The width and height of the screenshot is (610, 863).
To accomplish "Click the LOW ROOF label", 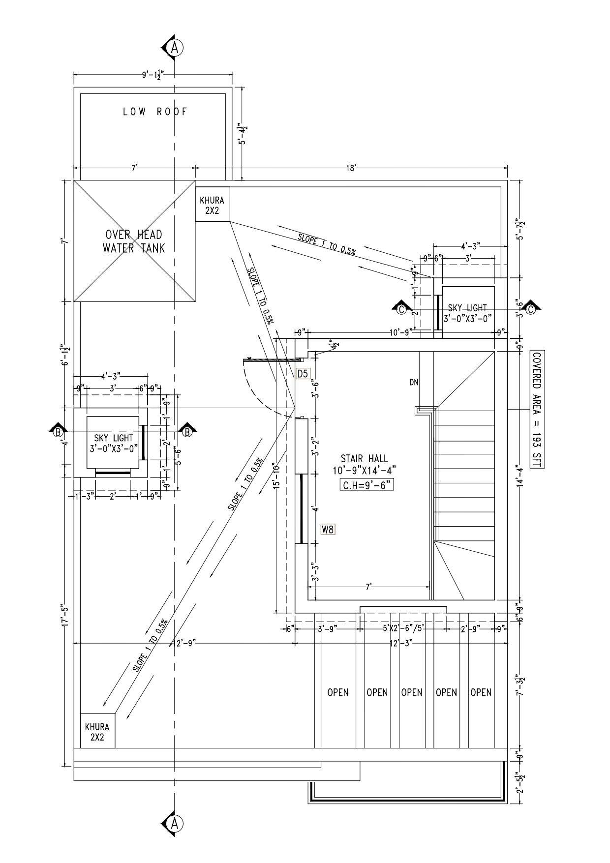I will [155, 112].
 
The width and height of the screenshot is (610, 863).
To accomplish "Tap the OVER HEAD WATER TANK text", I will [134, 241].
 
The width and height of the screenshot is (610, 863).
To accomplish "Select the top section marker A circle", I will [174, 47].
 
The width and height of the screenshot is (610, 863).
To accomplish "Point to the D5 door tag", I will [303, 374].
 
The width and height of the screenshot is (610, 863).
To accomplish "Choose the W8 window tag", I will [328, 530].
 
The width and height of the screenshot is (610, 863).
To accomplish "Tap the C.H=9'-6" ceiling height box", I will [367, 485].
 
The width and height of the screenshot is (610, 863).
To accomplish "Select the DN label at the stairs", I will [414, 381].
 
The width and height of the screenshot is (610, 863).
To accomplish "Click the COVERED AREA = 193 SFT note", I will [536, 410].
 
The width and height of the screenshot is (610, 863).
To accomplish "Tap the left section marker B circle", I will [59, 432].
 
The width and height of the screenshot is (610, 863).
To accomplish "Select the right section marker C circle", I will [531, 309].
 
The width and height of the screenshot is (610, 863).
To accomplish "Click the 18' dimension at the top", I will [351, 168].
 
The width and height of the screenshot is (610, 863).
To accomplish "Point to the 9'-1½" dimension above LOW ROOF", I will [153, 75].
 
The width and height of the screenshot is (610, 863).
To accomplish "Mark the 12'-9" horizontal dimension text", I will [185, 643].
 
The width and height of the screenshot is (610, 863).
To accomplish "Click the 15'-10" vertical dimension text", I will [278, 477].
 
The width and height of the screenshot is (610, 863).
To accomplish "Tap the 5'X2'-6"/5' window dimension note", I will [403, 628].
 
